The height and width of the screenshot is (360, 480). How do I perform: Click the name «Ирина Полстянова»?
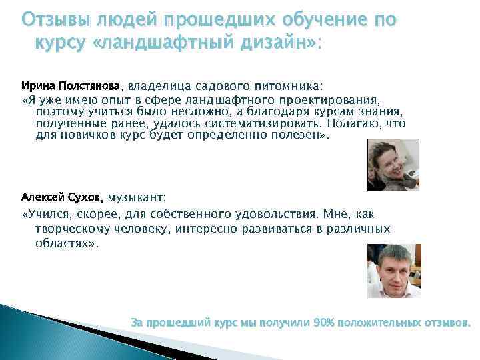(x=72, y=86)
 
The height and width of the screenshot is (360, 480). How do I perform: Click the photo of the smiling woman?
(x=393, y=165)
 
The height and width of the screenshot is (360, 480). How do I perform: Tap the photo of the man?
(x=393, y=270)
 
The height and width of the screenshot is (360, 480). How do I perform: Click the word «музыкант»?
(x=136, y=198)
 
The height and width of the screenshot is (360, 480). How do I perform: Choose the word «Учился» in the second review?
(x=54, y=214)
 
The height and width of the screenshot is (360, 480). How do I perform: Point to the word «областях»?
(x=65, y=243)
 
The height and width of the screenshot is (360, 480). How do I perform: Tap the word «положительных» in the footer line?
(x=379, y=323)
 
